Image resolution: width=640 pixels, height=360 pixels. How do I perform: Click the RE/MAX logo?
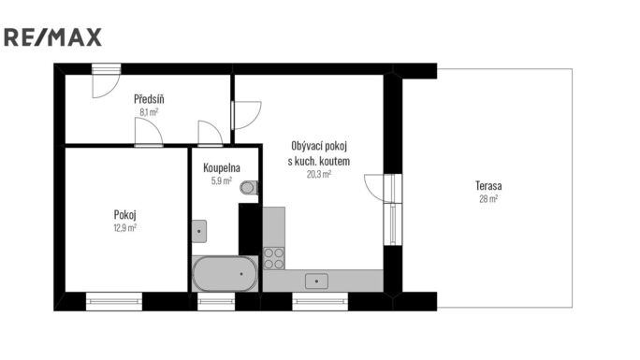coord(52,37)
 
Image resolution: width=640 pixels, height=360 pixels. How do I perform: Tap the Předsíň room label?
coord(149,99)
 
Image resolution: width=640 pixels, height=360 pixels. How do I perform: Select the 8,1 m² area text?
coord(149,112)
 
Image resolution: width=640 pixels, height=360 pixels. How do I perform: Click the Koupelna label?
coord(222,167)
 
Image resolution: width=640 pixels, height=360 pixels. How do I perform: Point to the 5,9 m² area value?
coord(222,180)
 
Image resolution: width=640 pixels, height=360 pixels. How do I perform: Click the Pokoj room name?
coord(124,215)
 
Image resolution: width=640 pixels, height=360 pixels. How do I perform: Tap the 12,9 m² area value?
coord(124,228)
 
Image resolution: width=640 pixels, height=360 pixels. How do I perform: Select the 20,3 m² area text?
coord(319,174)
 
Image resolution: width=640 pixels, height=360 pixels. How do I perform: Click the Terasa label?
coord(488,186)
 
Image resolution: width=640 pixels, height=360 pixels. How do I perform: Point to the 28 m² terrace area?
coord(488,199)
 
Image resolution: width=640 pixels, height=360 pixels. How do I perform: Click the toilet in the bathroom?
coord(249,188)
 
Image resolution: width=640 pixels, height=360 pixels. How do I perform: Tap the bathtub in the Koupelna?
coord(225,274)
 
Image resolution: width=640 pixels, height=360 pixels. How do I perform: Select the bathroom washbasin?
coord(199,231)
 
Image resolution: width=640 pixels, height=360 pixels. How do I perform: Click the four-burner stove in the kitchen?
coord(274,258)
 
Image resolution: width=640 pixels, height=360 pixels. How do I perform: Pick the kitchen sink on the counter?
coord(316,281)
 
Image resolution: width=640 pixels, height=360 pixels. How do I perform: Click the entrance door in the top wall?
coord(106,80)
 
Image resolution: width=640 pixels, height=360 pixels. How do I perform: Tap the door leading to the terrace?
coord(383,188)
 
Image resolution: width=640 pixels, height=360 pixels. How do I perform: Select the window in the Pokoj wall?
coord(114,302)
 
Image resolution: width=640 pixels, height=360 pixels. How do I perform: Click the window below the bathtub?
coord(216,302)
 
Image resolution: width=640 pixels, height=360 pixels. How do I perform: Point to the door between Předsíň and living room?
coord(246,115)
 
